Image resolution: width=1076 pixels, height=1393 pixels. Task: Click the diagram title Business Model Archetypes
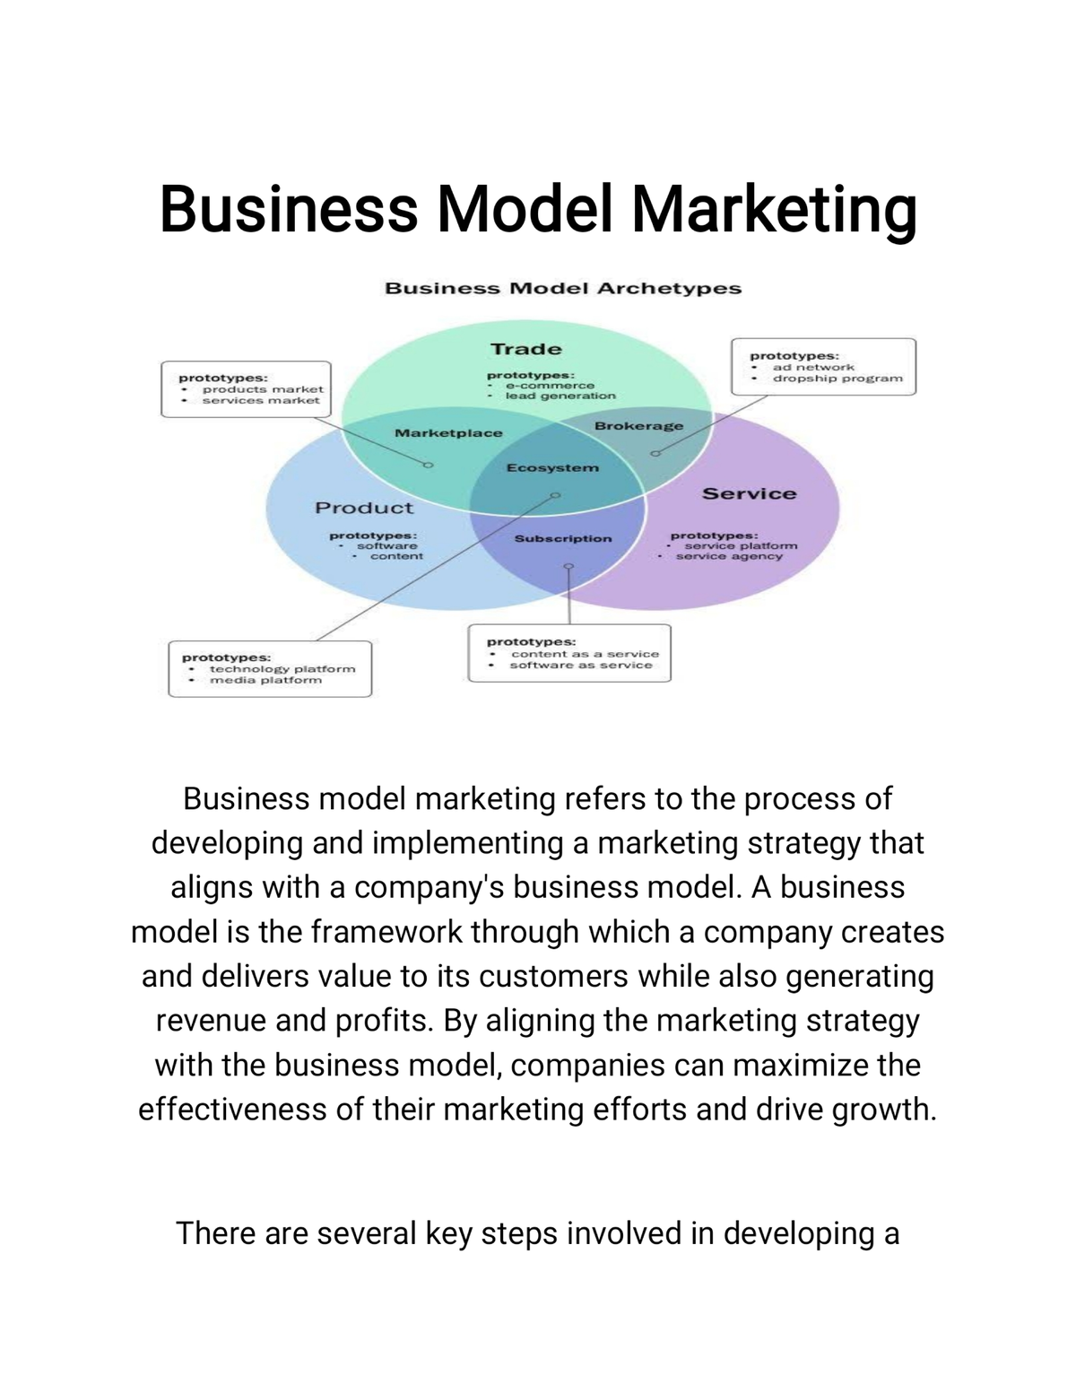coord(562,288)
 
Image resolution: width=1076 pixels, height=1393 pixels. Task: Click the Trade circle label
coord(526,349)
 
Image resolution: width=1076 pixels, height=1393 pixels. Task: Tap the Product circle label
coord(364,508)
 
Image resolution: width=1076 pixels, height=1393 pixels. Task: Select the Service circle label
coord(749,493)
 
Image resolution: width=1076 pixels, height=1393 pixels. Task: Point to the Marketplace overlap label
coord(448,433)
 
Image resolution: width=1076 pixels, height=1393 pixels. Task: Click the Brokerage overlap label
coord(638,426)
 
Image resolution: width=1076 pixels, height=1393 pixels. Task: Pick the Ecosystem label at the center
coord(552,467)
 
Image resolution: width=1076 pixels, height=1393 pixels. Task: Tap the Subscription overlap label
coord(563,538)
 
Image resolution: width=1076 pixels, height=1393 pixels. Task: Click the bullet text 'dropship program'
coord(837,379)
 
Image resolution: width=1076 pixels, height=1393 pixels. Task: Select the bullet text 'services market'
coord(261,401)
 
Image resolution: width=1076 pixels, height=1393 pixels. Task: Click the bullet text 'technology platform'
coord(282,669)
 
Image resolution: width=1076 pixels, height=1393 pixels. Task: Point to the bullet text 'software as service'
coord(581,666)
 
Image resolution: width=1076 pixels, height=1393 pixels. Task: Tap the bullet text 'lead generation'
coord(560,396)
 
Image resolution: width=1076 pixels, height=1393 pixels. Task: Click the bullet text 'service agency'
coord(729,557)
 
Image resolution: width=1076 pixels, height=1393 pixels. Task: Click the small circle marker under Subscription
coord(568,567)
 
